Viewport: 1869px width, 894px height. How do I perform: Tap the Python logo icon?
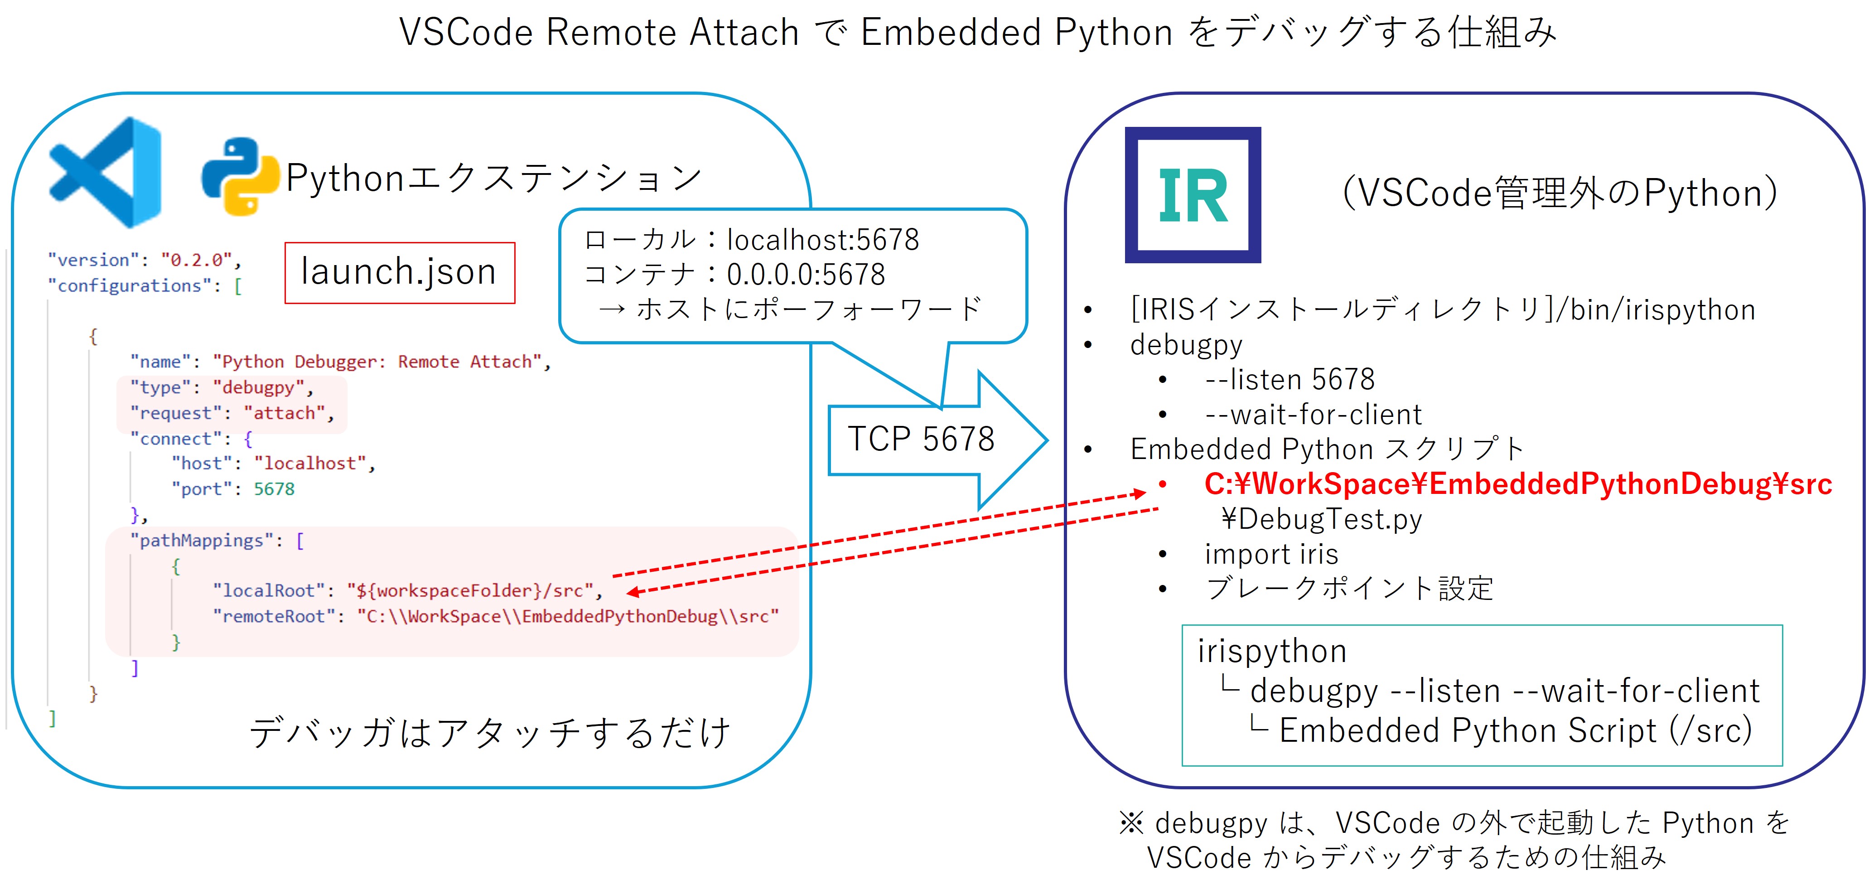240,176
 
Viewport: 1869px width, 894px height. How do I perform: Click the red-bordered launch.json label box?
400,272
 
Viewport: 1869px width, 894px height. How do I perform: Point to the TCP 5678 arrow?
936,440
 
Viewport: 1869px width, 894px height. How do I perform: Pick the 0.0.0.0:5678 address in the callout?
805,274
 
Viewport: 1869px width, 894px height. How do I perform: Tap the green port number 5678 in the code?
274,489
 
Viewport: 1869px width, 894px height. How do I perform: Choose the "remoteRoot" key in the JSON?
274,616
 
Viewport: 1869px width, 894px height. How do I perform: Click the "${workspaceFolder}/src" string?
470,591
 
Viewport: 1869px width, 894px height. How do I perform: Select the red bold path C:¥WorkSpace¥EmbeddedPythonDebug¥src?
1518,484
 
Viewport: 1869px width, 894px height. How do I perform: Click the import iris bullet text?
1271,554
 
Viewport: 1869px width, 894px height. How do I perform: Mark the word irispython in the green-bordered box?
1272,651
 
